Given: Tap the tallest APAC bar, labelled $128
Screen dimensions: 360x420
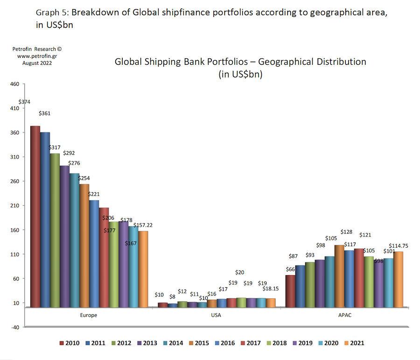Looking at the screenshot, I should [x=339, y=276].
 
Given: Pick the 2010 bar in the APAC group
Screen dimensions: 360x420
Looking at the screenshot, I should [x=290, y=291].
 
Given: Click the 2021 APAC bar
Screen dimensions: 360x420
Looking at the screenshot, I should [x=398, y=279].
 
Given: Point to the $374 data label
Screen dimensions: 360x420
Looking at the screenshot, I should [x=24, y=102].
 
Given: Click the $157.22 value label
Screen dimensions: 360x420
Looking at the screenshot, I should [x=143, y=225].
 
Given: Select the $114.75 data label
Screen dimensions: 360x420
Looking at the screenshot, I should [x=398, y=246].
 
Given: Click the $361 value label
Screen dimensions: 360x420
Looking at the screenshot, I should [x=45, y=113].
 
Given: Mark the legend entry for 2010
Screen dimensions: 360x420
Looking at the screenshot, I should [x=69, y=343].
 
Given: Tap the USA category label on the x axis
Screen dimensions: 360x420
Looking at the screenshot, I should [x=216, y=315].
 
